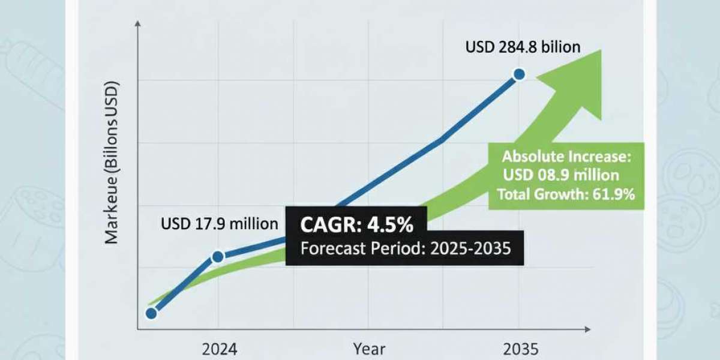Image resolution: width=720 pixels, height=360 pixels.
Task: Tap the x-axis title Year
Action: tap(369, 349)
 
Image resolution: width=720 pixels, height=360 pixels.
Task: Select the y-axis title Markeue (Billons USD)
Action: tap(112, 162)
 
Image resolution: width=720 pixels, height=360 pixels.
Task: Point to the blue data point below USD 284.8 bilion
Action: tap(519, 74)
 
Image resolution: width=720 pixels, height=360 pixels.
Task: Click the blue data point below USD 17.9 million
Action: tap(218, 256)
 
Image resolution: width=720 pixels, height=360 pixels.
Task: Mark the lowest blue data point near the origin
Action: tap(151, 313)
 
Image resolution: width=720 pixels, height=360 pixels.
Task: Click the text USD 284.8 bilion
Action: tap(523, 47)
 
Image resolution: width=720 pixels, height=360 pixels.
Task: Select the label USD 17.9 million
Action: tap(220, 224)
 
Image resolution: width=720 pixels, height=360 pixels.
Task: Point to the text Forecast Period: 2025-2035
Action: tap(405, 248)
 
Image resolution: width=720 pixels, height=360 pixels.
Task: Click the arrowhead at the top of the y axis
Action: tap(139, 24)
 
